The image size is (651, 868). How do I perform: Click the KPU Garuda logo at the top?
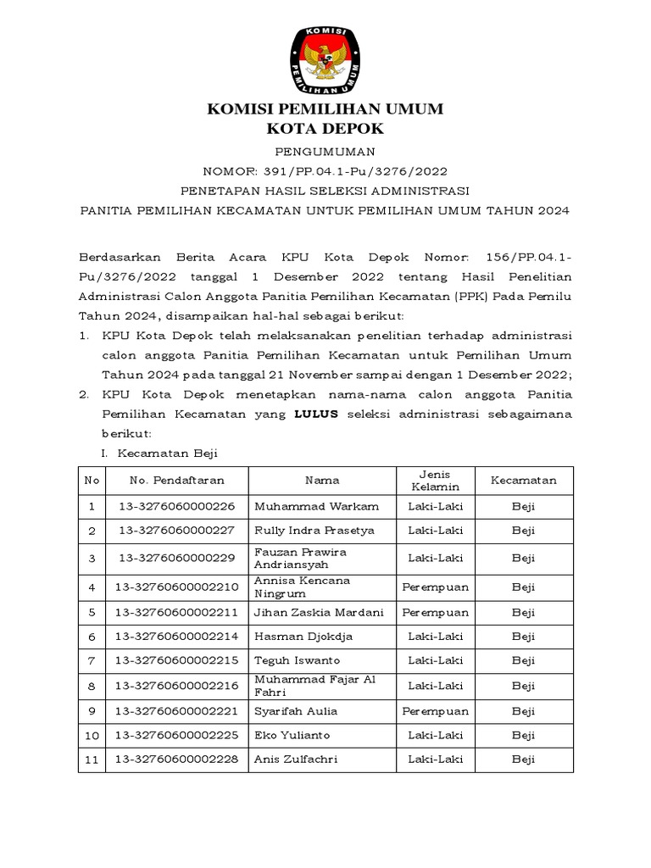tap(325, 60)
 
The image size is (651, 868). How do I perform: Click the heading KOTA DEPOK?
tap(325, 129)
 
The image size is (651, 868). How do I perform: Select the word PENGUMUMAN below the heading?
tap(325, 152)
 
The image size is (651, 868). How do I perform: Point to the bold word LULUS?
tap(315, 414)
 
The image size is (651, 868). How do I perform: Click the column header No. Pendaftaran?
tap(177, 481)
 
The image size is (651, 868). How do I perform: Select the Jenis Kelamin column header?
tap(436, 481)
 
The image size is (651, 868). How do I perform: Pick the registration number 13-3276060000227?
tap(177, 531)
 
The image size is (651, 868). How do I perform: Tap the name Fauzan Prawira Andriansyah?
tap(301, 558)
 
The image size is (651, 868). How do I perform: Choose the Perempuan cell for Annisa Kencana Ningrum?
tap(436, 587)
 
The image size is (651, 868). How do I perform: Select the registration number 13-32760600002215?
tap(177, 660)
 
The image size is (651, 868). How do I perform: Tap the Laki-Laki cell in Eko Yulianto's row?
tap(436, 735)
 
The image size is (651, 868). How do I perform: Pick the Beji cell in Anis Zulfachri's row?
tap(524, 759)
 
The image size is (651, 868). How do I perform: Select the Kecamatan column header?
tap(524, 481)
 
